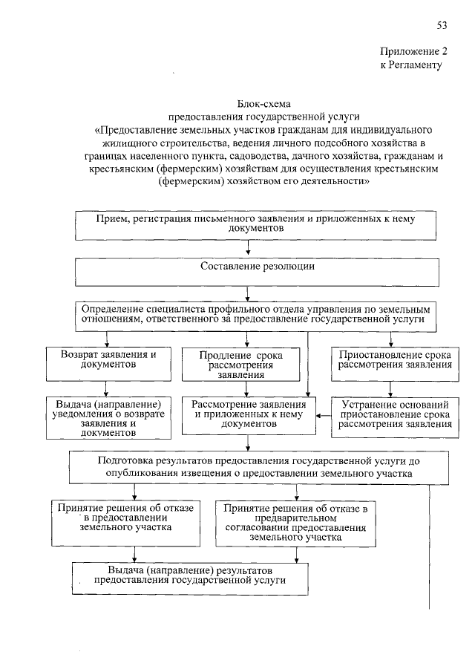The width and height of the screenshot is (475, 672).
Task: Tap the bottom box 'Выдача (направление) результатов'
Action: pos(190,577)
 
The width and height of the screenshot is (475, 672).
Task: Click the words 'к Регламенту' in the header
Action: pos(410,65)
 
